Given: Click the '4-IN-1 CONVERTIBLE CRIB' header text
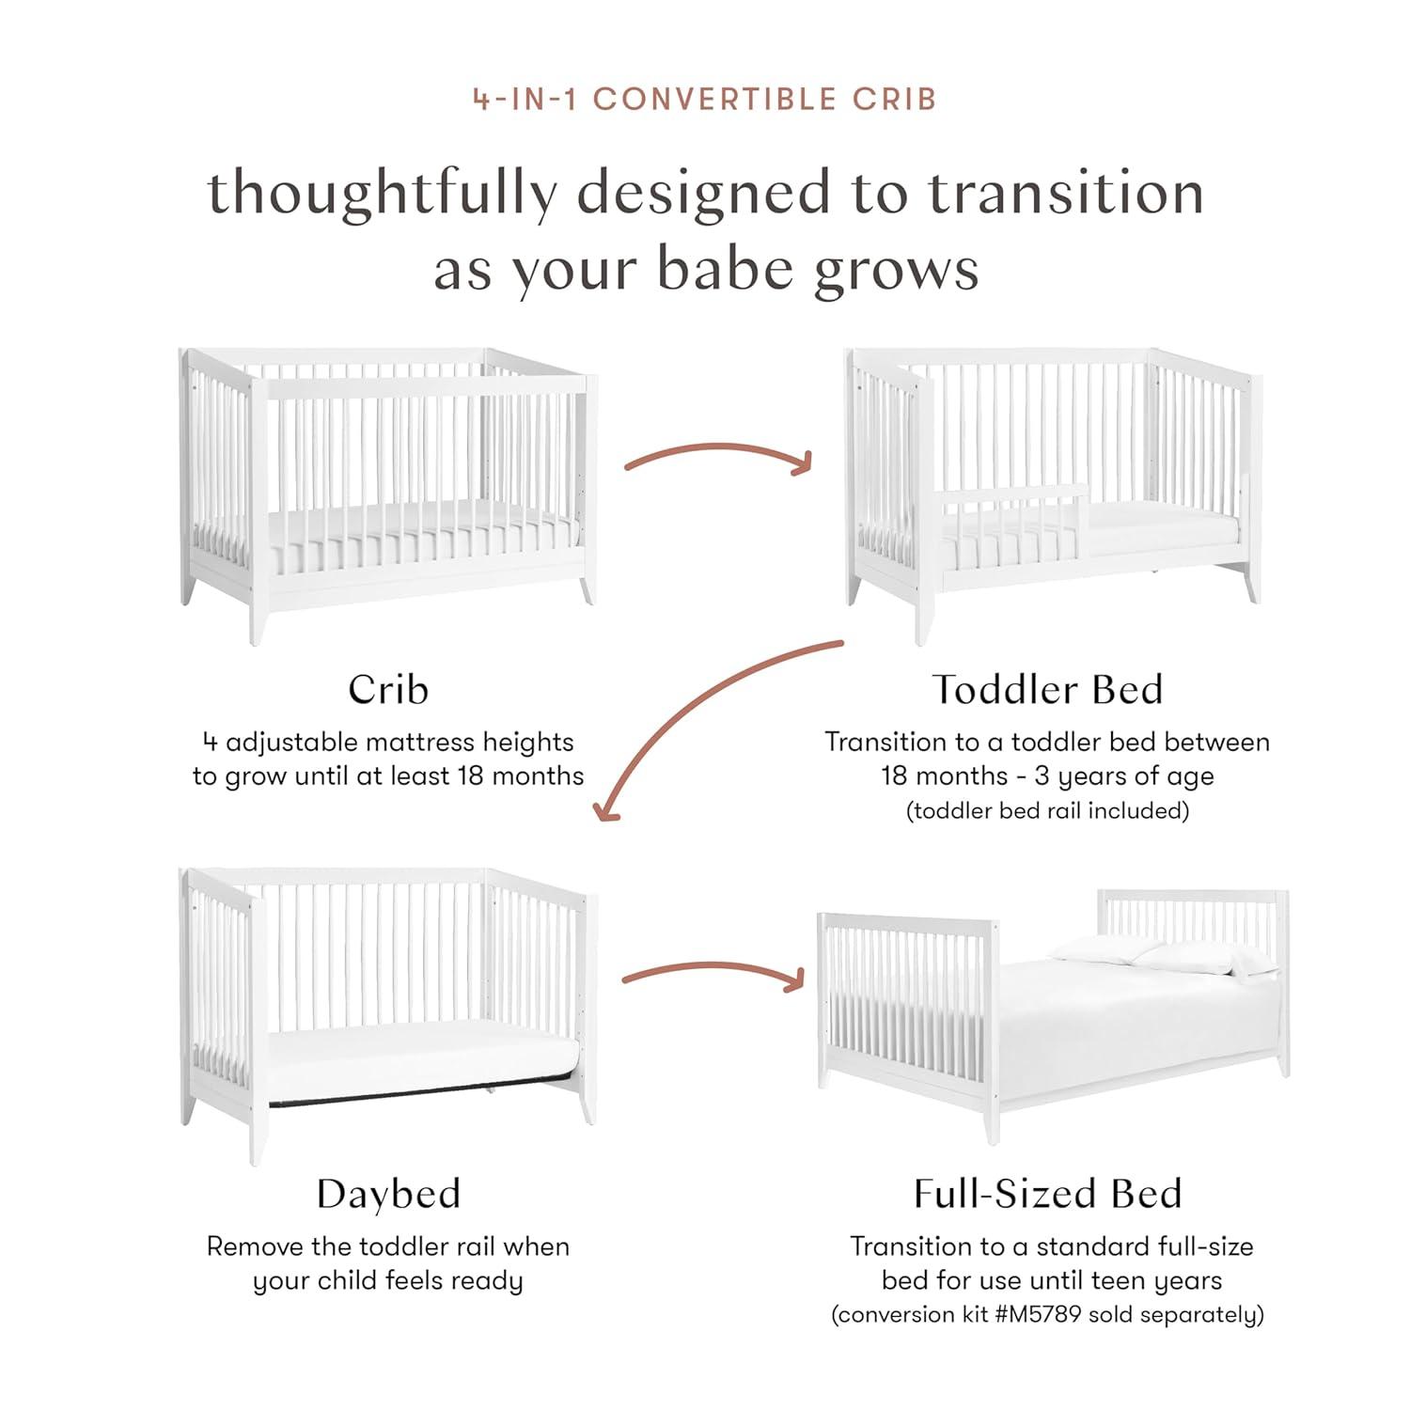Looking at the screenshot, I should (704, 99).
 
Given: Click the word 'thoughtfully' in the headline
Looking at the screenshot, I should (382, 193).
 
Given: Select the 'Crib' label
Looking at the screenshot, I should (388, 690).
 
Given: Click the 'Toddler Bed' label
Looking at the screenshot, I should (1047, 690).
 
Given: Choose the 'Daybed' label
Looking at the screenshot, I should (388, 1194).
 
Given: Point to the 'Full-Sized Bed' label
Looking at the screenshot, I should (1047, 1194).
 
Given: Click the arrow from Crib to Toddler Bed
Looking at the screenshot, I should (717, 457).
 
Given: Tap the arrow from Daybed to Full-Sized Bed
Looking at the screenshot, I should (713, 975).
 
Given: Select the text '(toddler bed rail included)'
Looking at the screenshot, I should (1047, 811).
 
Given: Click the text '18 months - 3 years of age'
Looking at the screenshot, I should (1047, 776).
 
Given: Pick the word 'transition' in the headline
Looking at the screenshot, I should (1066, 193).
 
